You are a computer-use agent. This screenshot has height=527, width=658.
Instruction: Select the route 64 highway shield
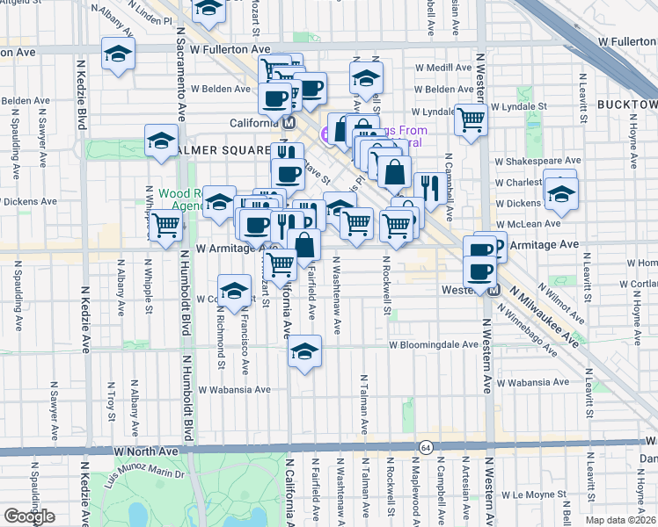(x=426, y=447)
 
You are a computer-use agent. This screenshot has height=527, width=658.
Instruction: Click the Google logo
(x=29, y=516)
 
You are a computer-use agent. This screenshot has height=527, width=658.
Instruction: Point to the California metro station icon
(x=288, y=124)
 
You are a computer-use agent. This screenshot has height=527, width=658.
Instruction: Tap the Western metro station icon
(x=493, y=290)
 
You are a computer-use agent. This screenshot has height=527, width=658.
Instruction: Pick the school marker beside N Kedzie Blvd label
(x=118, y=54)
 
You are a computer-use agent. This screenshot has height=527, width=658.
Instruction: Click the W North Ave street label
(x=147, y=451)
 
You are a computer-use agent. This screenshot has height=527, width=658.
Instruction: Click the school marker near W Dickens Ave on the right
(x=559, y=195)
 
